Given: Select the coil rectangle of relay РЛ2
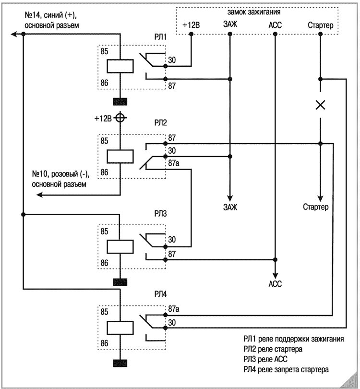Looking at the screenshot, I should click(x=120, y=157).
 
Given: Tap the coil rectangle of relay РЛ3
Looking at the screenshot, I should click(x=120, y=246).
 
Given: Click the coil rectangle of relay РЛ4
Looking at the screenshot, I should click(x=120, y=327).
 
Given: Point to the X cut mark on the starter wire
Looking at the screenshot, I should click(x=320, y=105).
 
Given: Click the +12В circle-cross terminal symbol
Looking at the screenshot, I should click(x=120, y=118).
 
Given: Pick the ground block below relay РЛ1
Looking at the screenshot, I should click(x=120, y=101).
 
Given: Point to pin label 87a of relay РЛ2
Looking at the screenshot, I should click(x=174, y=164).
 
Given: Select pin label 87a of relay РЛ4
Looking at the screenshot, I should click(x=174, y=310).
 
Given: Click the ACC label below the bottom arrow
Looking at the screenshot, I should click(x=275, y=284).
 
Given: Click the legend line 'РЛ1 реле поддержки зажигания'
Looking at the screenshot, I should click(x=293, y=339).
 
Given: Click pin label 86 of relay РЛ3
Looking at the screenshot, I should click(x=105, y=263).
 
